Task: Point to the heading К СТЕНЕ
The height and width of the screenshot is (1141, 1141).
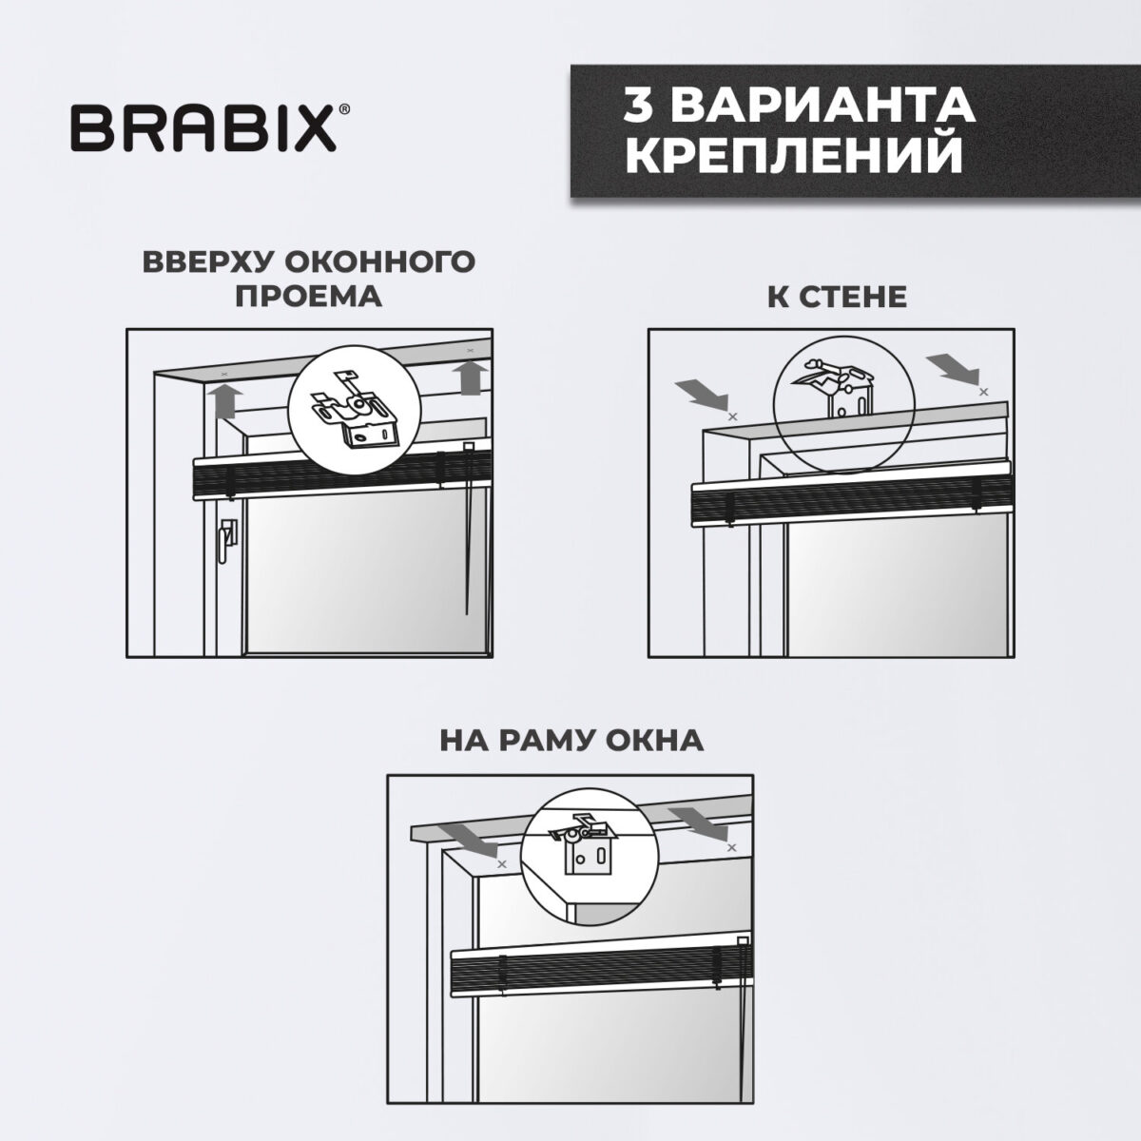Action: (x=837, y=297)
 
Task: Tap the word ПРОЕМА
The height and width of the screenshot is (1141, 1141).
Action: (x=308, y=296)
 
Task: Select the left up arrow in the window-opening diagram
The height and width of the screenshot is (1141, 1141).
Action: (x=223, y=399)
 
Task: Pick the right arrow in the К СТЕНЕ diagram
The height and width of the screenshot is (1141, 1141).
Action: (x=951, y=366)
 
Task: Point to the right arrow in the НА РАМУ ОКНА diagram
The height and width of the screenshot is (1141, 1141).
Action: (x=697, y=819)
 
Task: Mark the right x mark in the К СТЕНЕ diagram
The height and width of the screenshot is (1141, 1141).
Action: (x=983, y=391)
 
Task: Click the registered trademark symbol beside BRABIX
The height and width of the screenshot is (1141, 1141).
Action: (x=343, y=112)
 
